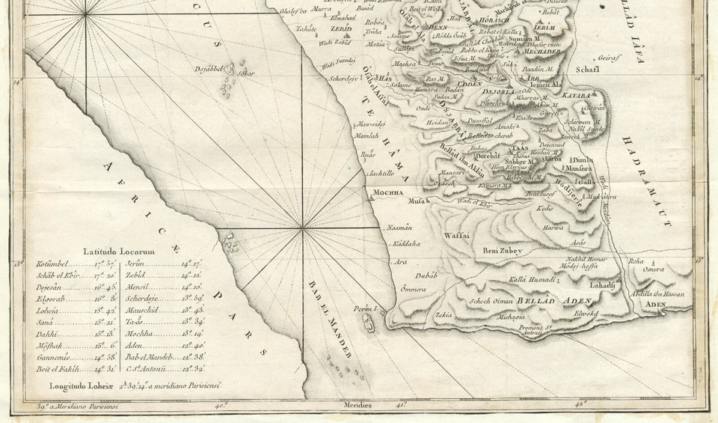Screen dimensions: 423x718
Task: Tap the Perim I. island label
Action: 363,308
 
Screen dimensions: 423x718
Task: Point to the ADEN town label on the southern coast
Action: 655,305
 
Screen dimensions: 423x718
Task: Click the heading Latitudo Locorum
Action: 119,252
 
